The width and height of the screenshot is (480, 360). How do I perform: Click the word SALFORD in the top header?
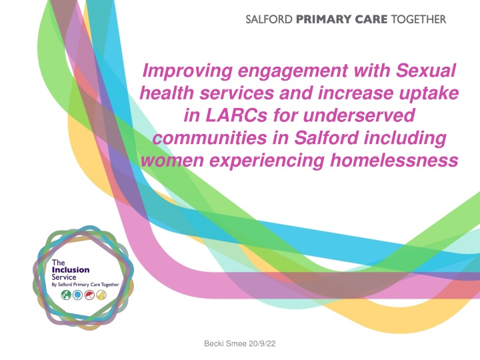point(269,19)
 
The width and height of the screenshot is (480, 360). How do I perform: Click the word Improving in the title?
point(187,71)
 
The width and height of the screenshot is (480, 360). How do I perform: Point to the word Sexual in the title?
point(426,71)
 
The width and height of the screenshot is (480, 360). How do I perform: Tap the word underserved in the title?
point(359,115)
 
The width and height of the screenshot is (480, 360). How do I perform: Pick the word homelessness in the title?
point(394,160)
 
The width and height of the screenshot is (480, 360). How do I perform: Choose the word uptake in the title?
point(428,94)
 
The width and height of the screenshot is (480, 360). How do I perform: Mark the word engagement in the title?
point(293,71)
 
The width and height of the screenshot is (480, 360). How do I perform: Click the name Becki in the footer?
point(214,344)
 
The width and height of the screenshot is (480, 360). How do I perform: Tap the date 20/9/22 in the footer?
point(262,344)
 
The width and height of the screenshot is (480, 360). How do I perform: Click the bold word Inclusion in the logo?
point(71,270)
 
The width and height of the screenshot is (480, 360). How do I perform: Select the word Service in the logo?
point(64,277)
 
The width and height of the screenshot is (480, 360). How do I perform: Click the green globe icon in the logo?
point(66,295)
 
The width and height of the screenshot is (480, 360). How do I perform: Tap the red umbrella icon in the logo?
point(89,295)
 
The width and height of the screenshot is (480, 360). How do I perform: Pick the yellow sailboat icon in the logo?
point(101,295)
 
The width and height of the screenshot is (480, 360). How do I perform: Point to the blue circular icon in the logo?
point(78,295)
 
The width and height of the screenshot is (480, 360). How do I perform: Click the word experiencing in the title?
point(267,161)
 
